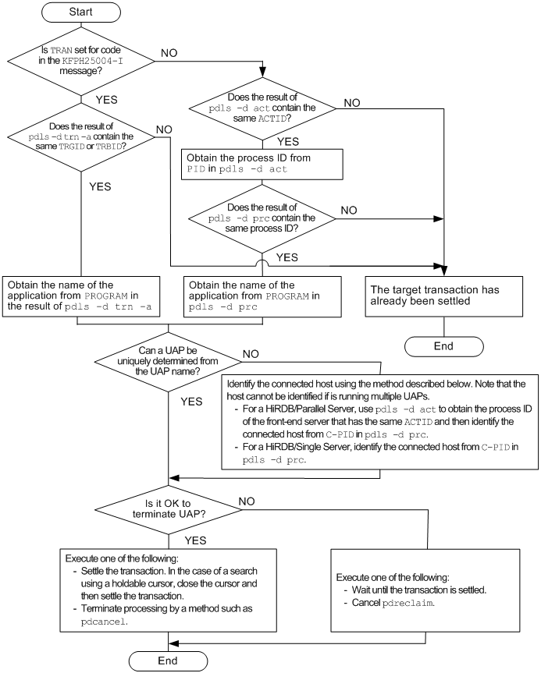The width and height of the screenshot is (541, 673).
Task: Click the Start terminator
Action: tap(81, 13)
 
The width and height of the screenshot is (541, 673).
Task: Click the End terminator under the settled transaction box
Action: tap(444, 345)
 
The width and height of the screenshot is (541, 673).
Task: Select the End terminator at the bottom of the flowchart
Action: tap(169, 661)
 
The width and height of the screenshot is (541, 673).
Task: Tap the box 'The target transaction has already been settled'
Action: tap(444, 295)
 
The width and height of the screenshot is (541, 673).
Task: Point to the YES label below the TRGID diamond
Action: tap(99, 186)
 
